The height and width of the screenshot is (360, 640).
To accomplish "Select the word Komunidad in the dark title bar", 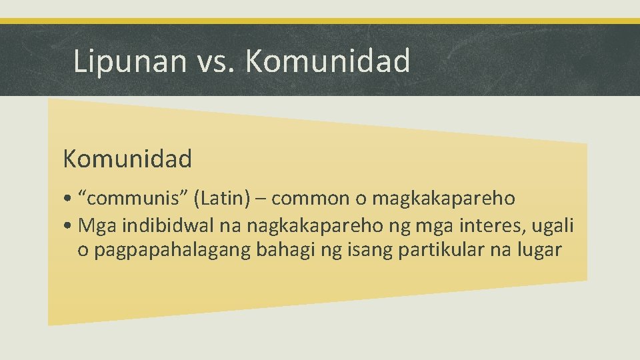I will pos(328,61).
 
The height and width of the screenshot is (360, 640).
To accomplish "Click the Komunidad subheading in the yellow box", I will pos(127,159).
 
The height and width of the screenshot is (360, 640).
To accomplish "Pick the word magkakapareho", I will pos(443,199).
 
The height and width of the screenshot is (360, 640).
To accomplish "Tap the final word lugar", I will pos(539,250).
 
